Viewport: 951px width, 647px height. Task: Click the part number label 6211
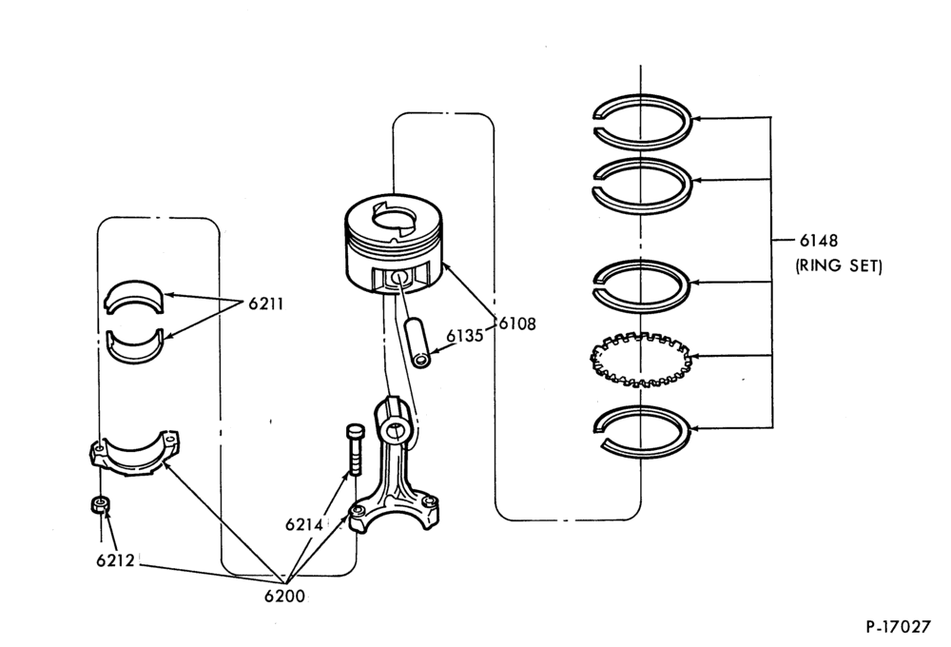[x=265, y=304]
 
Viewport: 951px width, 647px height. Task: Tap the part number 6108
[x=517, y=324]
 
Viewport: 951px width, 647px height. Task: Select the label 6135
[x=465, y=336]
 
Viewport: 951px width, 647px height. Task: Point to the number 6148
[x=818, y=241]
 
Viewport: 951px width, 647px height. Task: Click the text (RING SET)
[x=839, y=265]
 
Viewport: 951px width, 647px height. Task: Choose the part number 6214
[x=304, y=524]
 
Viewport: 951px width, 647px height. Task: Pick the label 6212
[x=115, y=560]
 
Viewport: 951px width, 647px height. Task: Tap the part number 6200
[x=284, y=597]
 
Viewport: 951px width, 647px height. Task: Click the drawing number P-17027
[x=898, y=626]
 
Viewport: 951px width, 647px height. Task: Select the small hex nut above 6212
[x=101, y=504]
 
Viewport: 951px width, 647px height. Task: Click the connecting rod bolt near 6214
[x=354, y=449]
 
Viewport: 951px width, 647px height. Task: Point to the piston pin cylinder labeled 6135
[x=417, y=342]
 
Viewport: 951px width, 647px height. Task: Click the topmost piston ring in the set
[x=642, y=97]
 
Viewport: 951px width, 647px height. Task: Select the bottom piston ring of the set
[x=643, y=407]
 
